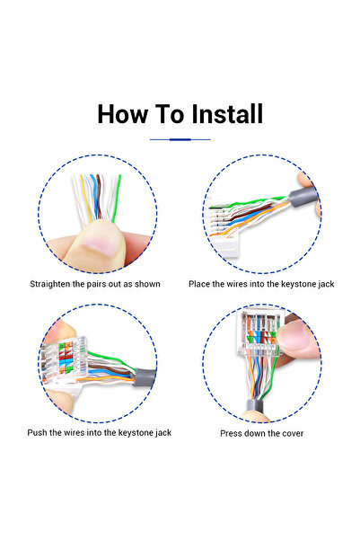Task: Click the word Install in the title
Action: [x=227, y=114]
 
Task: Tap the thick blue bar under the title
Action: [x=180, y=139]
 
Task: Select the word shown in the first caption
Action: [x=147, y=284]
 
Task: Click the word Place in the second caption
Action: [x=199, y=284]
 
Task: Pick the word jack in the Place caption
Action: [x=326, y=285]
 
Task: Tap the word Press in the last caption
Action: [x=231, y=433]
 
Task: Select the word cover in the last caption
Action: [x=293, y=433]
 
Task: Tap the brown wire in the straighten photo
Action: [x=99, y=196]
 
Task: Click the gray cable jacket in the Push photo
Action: [x=145, y=376]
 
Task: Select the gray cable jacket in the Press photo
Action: [x=255, y=405]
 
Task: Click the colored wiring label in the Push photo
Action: [x=66, y=359]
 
